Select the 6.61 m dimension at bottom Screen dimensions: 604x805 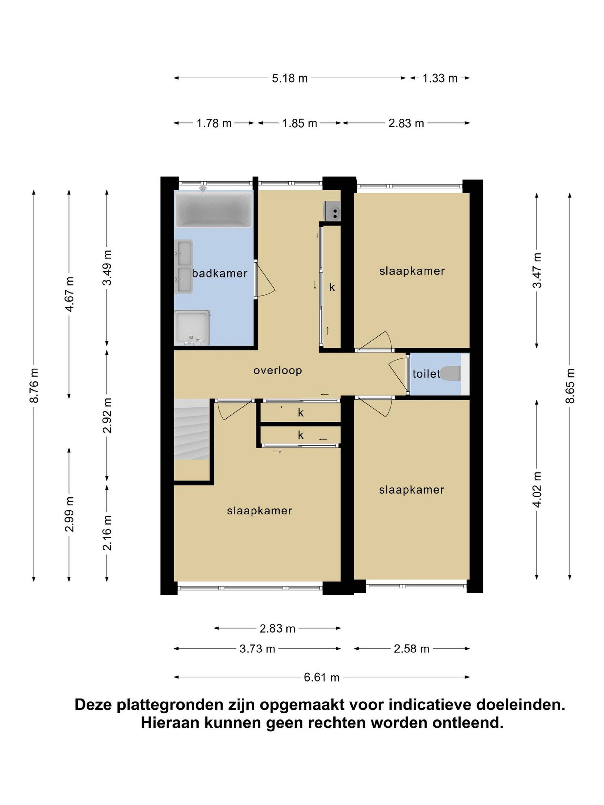click(x=322, y=677)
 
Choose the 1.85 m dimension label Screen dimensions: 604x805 click(x=300, y=123)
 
